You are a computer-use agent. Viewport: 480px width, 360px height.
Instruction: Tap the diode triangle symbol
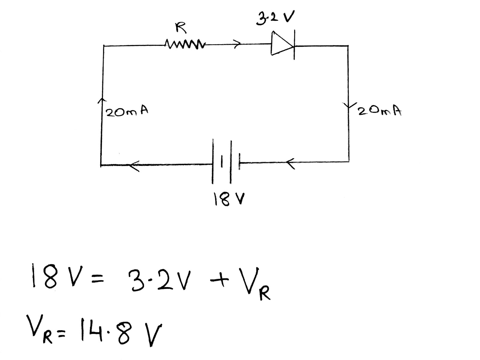click(281, 44)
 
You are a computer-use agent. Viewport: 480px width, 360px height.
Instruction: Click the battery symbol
click(226, 162)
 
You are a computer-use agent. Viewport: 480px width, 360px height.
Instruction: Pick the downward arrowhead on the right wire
click(348, 106)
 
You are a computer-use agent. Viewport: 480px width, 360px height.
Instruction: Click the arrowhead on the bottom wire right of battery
click(290, 163)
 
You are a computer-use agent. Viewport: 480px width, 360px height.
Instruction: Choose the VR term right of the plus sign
click(255, 285)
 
